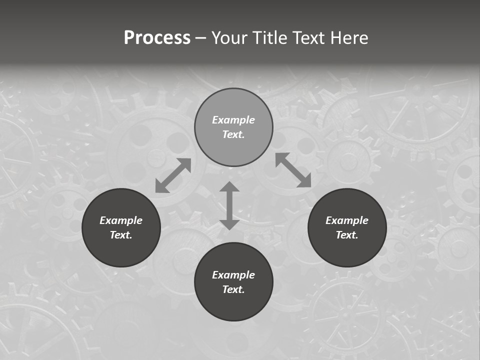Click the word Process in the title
157,38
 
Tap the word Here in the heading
348,38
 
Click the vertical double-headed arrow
229,205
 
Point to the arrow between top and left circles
173,175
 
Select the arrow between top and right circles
293,170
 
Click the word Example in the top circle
233,120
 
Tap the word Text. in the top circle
233,134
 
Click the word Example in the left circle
121,220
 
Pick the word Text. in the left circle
121,235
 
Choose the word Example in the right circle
347,220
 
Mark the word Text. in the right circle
347,235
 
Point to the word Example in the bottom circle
233,275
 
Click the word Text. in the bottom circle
233,289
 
